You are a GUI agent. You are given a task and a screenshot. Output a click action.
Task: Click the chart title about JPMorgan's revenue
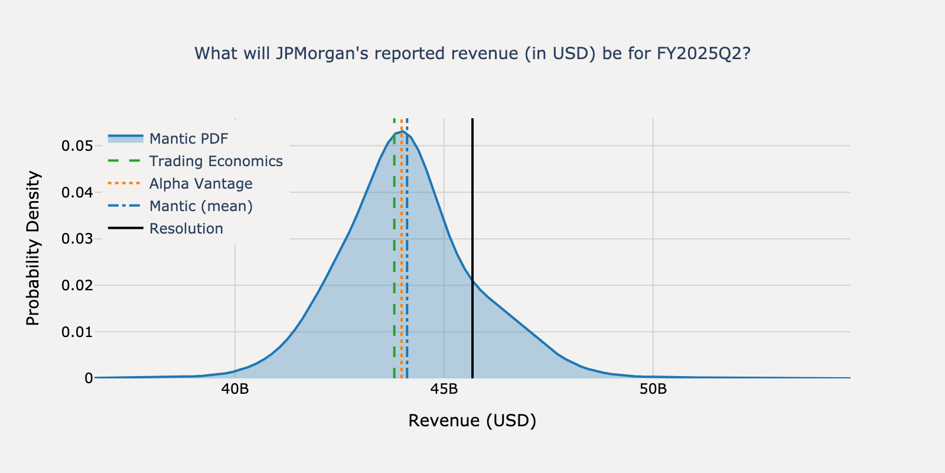[x=472, y=54]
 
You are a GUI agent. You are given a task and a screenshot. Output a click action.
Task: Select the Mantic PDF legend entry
[x=188, y=139]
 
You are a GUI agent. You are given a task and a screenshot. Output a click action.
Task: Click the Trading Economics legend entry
[x=216, y=161]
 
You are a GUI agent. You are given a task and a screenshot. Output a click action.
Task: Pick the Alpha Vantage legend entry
[x=200, y=184]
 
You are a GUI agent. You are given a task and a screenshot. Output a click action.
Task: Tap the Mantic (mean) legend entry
[x=201, y=206]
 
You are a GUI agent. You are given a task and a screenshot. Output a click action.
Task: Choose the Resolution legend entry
[x=186, y=229]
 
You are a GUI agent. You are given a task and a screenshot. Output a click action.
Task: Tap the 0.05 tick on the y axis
[x=77, y=146]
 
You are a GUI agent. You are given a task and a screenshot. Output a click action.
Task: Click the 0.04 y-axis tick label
[x=77, y=192]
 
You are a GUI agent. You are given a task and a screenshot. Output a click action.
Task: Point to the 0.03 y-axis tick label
[x=77, y=239]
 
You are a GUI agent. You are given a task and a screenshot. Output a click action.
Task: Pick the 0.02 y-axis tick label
[x=77, y=286]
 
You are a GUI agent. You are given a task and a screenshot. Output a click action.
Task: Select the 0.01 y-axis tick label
[x=77, y=332]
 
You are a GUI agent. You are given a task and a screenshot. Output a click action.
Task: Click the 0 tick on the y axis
[x=89, y=378]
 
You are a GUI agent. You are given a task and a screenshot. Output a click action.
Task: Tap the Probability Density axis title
[x=33, y=248]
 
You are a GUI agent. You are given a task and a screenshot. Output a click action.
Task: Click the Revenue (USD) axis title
[x=472, y=421]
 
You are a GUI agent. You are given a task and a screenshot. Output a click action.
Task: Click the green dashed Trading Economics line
[x=395, y=266]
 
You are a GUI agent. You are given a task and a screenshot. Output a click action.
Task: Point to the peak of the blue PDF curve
[x=402, y=131]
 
